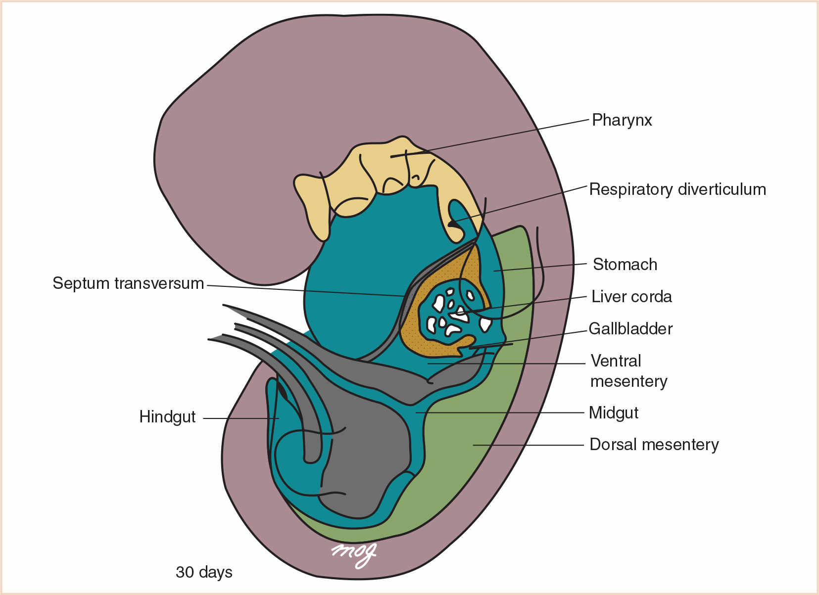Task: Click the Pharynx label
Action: click(622, 120)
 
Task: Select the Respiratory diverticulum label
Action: click(677, 189)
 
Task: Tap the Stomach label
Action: click(625, 265)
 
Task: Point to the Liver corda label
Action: click(631, 297)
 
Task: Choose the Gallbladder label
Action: click(630, 329)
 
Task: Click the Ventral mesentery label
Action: click(628, 371)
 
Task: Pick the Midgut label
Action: click(614, 412)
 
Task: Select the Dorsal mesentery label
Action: click(654, 445)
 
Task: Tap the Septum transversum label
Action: click(128, 283)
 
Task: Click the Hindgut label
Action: click(167, 417)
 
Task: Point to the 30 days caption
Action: click(204, 572)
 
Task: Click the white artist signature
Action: click(354, 554)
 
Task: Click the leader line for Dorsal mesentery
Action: click(530, 445)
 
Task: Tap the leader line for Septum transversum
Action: click(307, 291)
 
